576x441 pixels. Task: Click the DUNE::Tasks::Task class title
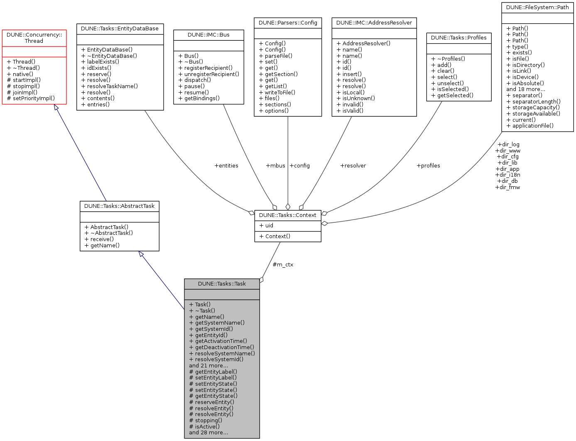click(x=222, y=284)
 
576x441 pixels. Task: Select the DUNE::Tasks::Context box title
click(x=287, y=215)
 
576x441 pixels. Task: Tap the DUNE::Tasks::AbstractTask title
click(x=119, y=206)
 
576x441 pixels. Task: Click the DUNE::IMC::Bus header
click(x=208, y=35)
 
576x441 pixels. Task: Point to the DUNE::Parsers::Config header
click(x=288, y=23)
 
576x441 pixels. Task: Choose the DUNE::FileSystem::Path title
click(x=537, y=7)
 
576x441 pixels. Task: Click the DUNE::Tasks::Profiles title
click(x=458, y=38)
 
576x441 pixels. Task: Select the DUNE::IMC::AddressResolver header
click(x=374, y=23)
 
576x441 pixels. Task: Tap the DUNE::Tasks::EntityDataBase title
click(x=120, y=29)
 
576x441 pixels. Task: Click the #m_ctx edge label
click(x=283, y=265)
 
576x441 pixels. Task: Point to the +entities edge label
click(x=226, y=166)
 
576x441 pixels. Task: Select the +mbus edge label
click(x=275, y=166)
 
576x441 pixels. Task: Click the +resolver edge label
click(x=353, y=166)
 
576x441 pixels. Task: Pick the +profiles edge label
click(x=428, y=166)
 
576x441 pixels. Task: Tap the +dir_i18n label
click(x=507, y=175)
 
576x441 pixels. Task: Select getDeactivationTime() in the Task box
click(x=224, y=347)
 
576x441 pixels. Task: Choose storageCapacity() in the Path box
click(x=536, y=108)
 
